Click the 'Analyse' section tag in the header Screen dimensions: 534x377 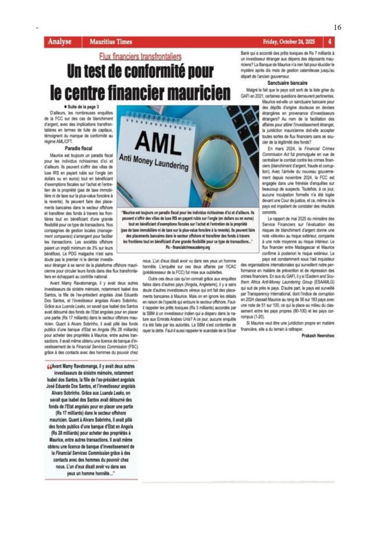point(58,41)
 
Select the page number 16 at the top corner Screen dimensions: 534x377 point(336,27)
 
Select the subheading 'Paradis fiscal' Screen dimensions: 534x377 point(79,149)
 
